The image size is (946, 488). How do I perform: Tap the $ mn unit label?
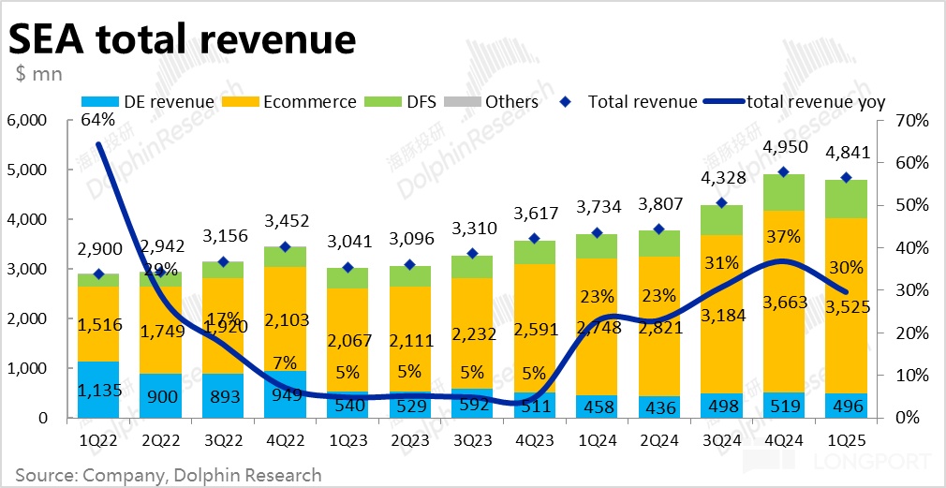pyautogui.click(x=38, y=74)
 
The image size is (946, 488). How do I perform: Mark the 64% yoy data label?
pyautogui.click(x=97, y=120)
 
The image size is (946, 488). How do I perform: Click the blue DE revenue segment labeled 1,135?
pyautogui.click(x=97, y=389)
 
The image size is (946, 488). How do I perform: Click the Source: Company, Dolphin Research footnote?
pyautogui.click(x=169, y=474)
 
